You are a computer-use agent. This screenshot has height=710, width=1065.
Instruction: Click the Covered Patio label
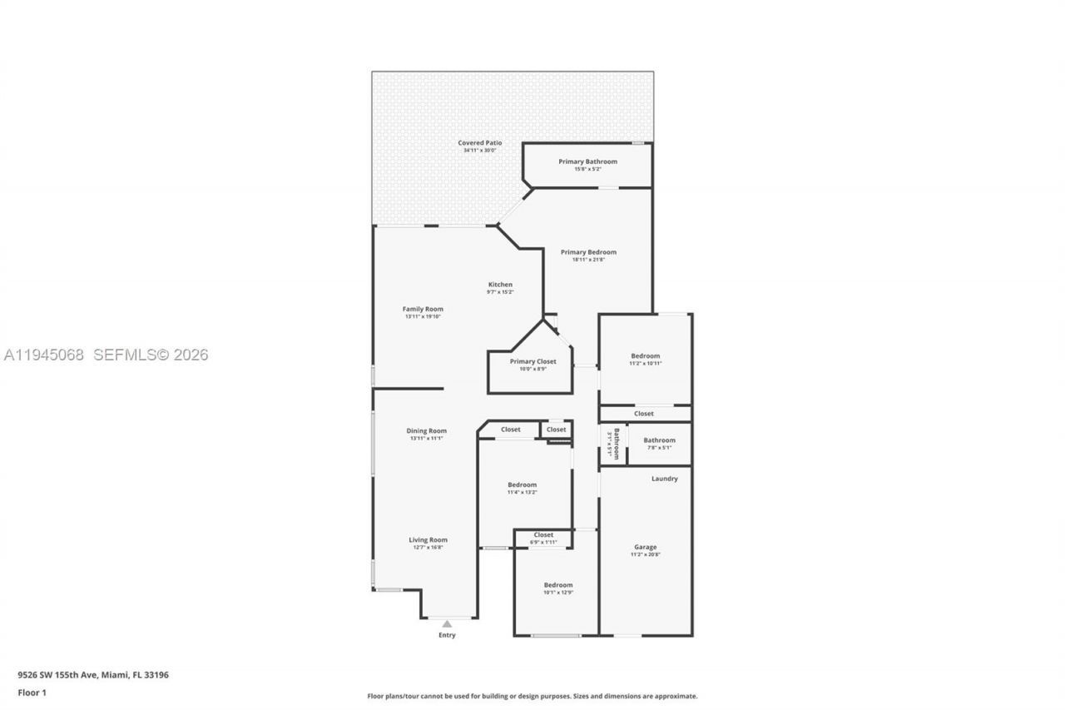pos(480,143)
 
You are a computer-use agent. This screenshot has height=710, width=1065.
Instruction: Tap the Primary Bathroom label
pos(587,161)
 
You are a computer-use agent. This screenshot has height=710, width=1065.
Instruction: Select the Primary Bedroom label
pos(588,252)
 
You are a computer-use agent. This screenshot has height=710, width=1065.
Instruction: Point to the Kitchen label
pos(500,285)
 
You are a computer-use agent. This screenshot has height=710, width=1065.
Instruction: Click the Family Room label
pos(423,309)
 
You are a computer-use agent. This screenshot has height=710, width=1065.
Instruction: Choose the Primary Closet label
pos(532,361)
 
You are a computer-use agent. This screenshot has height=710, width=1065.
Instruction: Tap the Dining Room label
pos(426,431)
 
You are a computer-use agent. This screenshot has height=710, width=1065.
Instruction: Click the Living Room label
pos(428,540)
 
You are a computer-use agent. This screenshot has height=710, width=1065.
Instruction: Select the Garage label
pos(645,547)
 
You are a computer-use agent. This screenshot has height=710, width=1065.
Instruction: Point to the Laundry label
pos(664,479)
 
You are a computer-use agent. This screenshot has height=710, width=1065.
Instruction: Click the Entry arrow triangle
pos(447,623)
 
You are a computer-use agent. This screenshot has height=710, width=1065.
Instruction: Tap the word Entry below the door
pos(447,636)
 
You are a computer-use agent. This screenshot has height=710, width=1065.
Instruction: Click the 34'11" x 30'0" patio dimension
pos(480,151)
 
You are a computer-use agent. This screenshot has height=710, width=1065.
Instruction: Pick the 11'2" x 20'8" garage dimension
pos(645,554)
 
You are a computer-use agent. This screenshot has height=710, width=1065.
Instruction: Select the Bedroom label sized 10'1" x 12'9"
pos(557,585)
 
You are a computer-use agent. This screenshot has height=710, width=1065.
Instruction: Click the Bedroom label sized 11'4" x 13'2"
pos(522,484)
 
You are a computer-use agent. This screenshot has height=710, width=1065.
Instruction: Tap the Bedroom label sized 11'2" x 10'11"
pos(645,356)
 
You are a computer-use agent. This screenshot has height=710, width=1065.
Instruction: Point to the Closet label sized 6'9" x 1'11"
pos(543,535)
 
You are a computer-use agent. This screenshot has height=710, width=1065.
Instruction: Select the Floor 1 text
pos(32,693)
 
